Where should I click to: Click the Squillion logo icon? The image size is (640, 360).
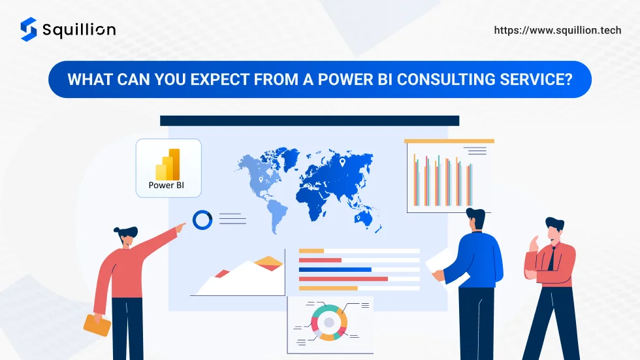pyautogui.click(x=29, y=29)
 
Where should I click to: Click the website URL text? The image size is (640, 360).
pyautogui.click(x=558, y=30)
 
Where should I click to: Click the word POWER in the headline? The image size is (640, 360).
pyautogui.click(x=345, y=80)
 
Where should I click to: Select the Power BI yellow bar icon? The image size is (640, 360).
pyautogui.click(x=168, y=164)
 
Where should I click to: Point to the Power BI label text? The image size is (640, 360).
pyautogui.click(x=166, y=186)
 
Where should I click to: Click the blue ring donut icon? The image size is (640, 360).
pyautogui.click(x=202, y=220)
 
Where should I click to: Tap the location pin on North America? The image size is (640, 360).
pyautogui.click(x=261, y=180)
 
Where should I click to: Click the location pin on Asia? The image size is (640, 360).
pyautogui.click(x=342, y=163)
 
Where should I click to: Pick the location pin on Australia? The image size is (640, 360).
pyautogui.click(x=359, y=218)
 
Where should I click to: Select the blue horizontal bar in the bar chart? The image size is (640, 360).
pyautogui.click(x=335, y=270)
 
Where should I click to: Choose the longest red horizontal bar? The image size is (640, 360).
pyautogui.click(x=344, y=279)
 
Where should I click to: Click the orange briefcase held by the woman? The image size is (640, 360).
pyautogui.click(x=97, y=325)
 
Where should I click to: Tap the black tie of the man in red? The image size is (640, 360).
pyautogui.click(x=551, y=259)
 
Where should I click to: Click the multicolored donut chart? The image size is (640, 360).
pyautogui.click(x=329, y=323)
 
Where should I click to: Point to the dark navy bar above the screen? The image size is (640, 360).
pyautogui.click(x=310, y=121)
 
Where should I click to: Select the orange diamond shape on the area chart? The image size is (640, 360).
pyautogui.click(x=268, y=261)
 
